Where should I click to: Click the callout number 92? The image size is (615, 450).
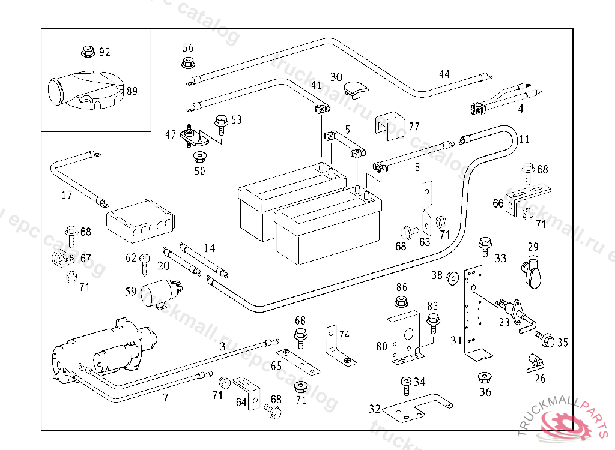click(x=105, y=52)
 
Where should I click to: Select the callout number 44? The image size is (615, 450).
click(x=444, y=74)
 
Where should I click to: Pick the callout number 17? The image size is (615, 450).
click(x=67, y=194)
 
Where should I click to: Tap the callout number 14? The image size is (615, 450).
click(x=209, y=248)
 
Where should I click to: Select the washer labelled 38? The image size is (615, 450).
click(x=453, y=277)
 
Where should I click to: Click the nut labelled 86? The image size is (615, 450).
click(x=401, y=301)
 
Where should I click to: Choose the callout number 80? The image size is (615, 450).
click(x=382, y=346)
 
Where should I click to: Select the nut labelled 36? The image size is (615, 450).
click(x=484, y=379)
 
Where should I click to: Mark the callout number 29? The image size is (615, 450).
click(x=533, y=247)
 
